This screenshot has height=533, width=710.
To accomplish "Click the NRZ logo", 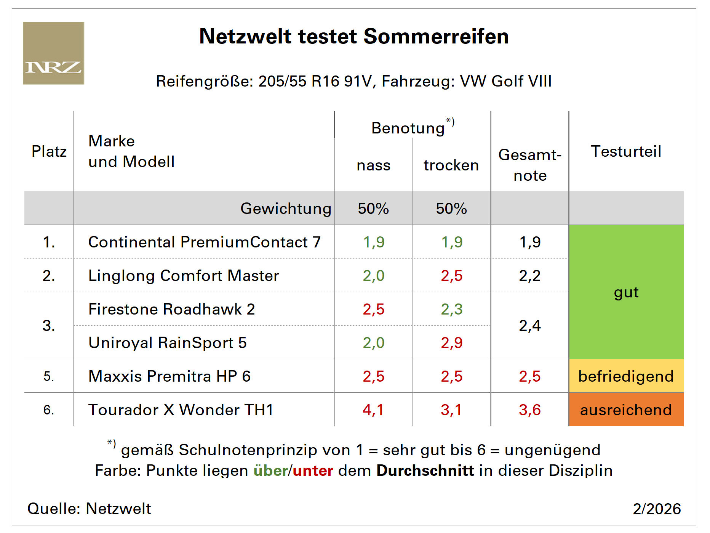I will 53,53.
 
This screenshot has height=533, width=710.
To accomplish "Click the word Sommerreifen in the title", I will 436,37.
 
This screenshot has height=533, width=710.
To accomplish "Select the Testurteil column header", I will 626,151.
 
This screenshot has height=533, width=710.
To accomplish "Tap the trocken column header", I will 451,165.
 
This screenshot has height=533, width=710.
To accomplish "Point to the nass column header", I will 373,165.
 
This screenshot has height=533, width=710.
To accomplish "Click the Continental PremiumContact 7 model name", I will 204,242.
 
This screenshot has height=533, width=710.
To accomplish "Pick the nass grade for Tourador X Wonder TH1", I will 373,410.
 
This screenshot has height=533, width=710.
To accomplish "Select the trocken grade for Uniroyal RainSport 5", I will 451,343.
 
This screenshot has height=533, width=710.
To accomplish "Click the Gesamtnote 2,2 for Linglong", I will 529,276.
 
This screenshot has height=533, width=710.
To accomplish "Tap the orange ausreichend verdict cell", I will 626,410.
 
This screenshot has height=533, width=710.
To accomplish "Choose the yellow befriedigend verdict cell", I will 626,376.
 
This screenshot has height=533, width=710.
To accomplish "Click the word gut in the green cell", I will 626,292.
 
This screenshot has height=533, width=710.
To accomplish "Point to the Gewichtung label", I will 286,209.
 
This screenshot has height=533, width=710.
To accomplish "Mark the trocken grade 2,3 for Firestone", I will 451,309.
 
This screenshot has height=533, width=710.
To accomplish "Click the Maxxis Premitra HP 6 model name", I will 170,376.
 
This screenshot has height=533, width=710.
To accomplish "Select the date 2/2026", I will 657,509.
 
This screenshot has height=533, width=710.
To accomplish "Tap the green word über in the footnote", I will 270,470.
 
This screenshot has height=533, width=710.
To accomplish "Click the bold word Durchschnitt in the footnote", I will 425,470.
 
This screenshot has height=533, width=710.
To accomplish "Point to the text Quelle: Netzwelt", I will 89,509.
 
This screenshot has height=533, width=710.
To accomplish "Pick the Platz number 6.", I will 48,410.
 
